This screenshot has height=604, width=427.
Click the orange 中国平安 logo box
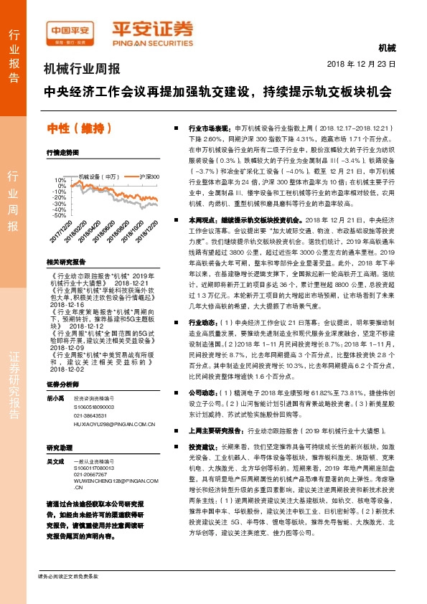[x=69, y=29]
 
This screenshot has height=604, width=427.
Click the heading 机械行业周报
[x=81, y=70]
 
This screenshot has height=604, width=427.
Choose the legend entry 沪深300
[x=149, y=176]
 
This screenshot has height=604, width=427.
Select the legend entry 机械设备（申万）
[x=98, y=176]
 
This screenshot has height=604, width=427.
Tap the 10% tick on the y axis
[x=60, y=180]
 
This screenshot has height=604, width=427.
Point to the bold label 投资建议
[x=202, y=445]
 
